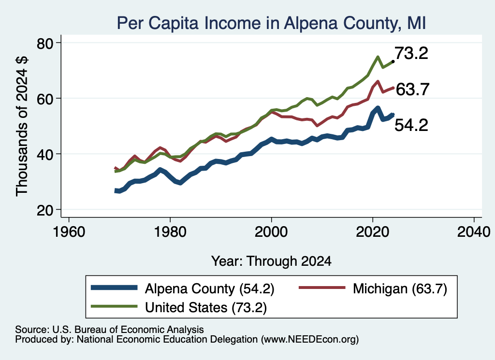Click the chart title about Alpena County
tap(272, 23)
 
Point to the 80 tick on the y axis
tap(45, 43)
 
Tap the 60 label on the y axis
tap(45, 99)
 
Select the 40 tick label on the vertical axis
tap(45, 155)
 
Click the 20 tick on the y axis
tap(45, 210)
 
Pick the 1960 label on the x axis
tap(69, 232)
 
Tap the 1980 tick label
tap(170, 232)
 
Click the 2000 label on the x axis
tap(271, 232)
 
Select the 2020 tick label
tap(373, 232)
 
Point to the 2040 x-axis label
tap(474, 232)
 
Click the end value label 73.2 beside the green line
tap(411, 53)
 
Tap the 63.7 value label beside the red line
tap(412, 89)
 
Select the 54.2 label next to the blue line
tap(411, 125)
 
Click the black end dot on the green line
tap(393, 61)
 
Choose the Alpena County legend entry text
tap(210, 288)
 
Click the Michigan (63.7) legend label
tap(400, 288)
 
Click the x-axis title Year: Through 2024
tap(271, 261)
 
